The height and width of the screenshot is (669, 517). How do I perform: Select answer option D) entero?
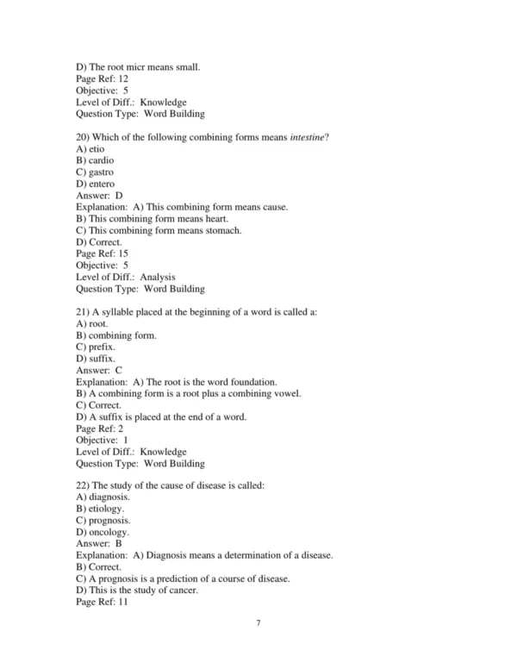(x=95, y=184)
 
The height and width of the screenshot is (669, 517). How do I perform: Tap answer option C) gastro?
(x=95, y=172)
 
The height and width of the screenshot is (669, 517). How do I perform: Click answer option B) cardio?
(x=95, y=160)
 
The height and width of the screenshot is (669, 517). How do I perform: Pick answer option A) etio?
(x=90, y=148)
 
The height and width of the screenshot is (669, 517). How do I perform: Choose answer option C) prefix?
(x=96, y=347)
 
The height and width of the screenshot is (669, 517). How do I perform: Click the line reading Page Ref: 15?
(x=102, y=253)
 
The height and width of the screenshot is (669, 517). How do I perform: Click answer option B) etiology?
(x=100, y=510)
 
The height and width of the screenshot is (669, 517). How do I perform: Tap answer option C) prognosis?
(x=103, y=521)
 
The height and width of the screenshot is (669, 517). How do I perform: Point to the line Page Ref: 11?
(x=102, y=603)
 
